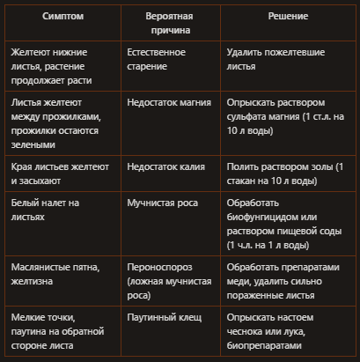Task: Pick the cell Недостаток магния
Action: (x=170, y=103)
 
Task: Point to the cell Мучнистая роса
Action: (x=163, y=203)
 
